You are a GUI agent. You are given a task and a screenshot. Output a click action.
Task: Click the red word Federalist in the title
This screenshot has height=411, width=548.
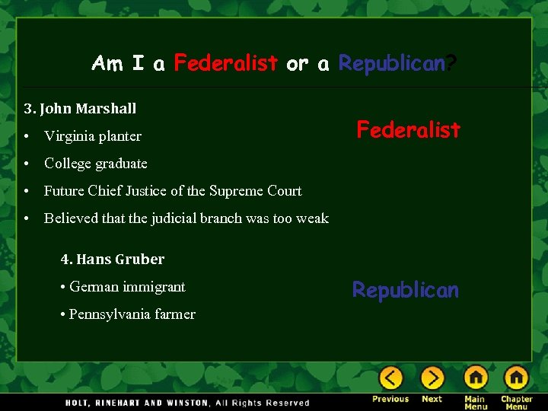(225, 63)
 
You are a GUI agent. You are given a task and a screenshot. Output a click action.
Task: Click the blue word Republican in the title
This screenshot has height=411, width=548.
(390, 63)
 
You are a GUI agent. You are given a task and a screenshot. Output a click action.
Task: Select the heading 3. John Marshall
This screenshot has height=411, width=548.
(80, 109)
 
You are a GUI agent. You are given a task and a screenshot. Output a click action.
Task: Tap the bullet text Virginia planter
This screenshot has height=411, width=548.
(93, 136)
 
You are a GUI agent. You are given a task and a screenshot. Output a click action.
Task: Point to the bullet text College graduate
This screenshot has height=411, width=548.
(96, 164)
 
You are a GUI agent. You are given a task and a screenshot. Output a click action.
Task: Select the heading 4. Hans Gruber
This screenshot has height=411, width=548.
(113, 260)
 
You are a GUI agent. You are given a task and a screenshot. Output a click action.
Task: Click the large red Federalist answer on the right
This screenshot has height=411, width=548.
(409, 130)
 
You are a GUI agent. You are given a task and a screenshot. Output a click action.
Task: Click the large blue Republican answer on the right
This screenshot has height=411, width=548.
(406, 290)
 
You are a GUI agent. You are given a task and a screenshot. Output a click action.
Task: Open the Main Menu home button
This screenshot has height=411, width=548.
(476, 378)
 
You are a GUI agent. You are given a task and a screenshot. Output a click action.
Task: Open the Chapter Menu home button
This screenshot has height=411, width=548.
(516, 378)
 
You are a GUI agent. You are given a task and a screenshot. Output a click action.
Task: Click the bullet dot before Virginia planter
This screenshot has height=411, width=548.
(27, 136)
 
